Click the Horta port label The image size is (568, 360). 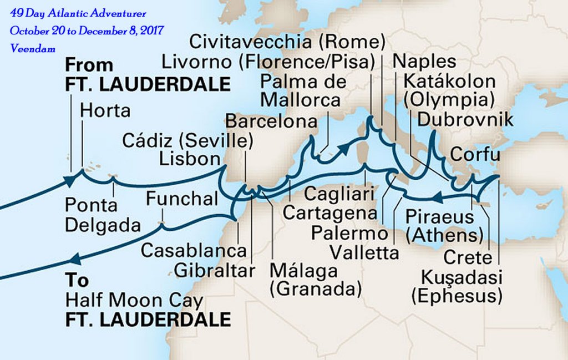click(105, 110)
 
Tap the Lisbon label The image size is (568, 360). click(190, 159)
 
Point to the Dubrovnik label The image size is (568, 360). click(465, 120)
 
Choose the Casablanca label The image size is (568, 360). click(193, 250)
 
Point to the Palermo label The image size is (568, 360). click(349, 233)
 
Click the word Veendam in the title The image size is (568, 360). click(33, 49)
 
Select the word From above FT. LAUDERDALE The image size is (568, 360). click(89, 64)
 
